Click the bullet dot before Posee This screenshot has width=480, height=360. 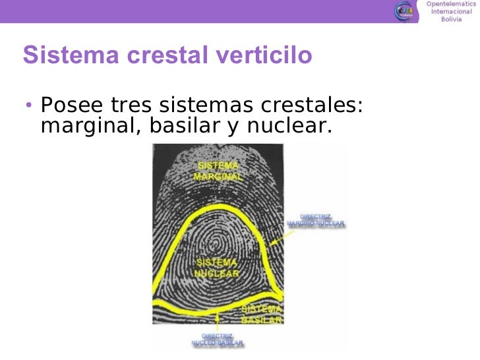click(28, 105)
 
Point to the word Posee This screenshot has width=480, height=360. click(69, 105)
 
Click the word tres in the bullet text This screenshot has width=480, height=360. click(129, 105)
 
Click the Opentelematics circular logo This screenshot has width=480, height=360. click(405, 11)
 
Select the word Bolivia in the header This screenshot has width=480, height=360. click(451, 19)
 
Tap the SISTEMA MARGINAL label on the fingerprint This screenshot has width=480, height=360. click(218, 171)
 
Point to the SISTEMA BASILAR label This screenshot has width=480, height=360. click(262, 315)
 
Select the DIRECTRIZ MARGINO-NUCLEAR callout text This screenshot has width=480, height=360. click(315, 220)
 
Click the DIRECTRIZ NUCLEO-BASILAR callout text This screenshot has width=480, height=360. click(218, 340)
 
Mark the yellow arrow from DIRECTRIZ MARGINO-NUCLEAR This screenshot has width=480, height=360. click(284, 237)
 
